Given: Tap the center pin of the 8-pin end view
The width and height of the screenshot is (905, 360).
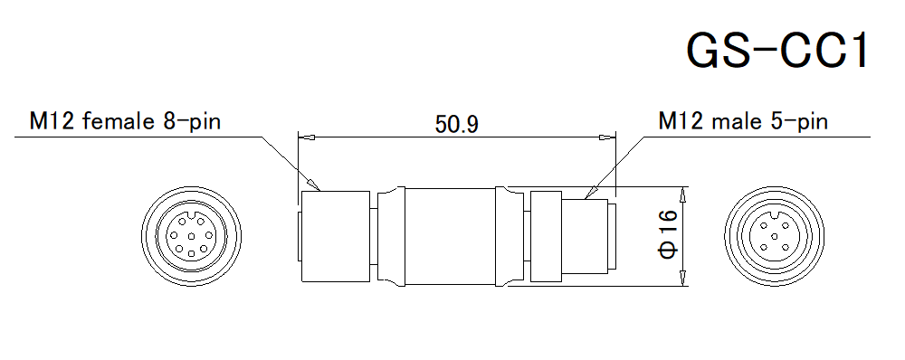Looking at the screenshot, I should [x=192, y=236].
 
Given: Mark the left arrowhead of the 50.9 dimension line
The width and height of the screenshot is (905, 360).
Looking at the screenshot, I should [x=307, y=138].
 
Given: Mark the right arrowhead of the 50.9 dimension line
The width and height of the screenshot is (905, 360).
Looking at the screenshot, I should [x=607, y=138].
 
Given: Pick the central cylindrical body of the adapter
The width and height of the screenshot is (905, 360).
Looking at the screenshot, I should [x=448, y=236].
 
